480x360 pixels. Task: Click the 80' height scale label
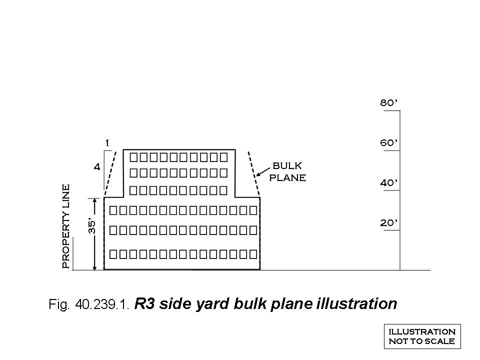(x=389, y=102)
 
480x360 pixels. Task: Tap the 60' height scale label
(x=389, y=142)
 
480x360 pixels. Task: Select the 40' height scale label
(x=389, y=183)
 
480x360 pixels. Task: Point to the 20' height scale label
(x=389, y=223)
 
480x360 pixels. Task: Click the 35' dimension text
(x=92, y=226)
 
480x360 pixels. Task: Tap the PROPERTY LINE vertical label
(x=66, y=226)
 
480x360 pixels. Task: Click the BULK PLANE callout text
(x=287, y=171)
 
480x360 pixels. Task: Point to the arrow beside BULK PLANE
(x=262, y=171)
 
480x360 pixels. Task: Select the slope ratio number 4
(x=96, y=167)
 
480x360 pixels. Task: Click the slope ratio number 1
(x=107, y=143)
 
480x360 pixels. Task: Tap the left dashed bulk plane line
(x=110, y=172)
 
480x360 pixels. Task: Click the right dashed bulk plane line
(x=254, y=173)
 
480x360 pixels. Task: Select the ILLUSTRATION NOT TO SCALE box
(x=422, y=336)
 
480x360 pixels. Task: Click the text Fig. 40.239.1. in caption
(x=89, y=304)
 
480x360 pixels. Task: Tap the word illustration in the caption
(x=356, y=303)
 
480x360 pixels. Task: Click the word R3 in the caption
(x=144, y=304)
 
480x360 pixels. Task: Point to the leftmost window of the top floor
(x=133, y=157)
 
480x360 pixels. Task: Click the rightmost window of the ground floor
(x=253, y=254)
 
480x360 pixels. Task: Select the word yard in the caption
(x=212, y=304)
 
